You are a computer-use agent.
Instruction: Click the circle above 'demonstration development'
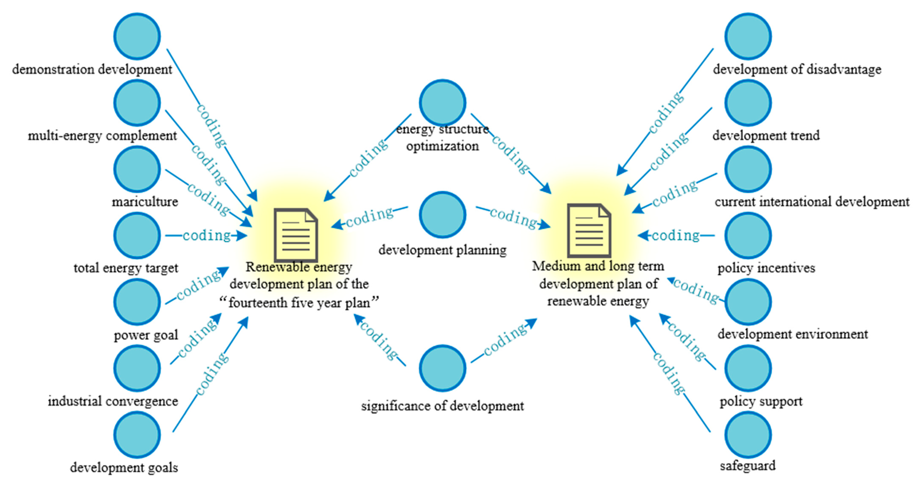137,36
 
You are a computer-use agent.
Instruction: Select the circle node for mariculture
137,169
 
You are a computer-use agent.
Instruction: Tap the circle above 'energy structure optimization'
442,103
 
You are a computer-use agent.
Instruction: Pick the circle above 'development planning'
442,215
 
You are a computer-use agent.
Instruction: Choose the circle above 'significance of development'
442,368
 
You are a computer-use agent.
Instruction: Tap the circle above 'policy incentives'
748,235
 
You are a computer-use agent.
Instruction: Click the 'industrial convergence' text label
113,401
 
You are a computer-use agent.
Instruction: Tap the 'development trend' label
766,135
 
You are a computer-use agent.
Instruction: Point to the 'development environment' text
793,334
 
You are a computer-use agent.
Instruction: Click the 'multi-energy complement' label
102,135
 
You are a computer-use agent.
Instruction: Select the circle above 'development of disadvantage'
748,36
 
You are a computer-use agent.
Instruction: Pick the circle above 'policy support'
748,368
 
